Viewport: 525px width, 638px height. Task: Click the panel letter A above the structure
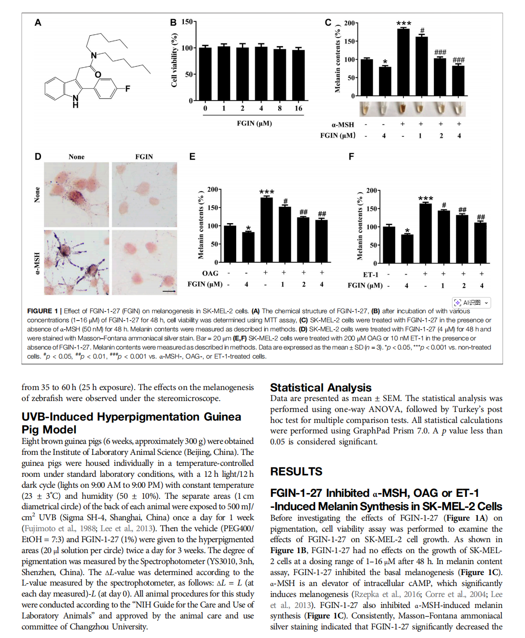point(38,22)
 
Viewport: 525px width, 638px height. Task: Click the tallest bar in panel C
point(403,62)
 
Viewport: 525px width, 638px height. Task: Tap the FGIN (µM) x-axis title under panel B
point(254,123)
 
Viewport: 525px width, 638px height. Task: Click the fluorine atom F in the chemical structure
point(127,88)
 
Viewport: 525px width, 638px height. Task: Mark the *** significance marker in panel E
point(266,192)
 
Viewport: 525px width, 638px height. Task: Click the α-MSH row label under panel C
point(343,124)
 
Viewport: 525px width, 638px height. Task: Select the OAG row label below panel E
point(210,273)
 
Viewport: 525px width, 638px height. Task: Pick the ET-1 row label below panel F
point(370,275)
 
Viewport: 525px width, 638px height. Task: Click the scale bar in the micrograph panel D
point(169,290)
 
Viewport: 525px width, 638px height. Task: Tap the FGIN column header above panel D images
point(144,156)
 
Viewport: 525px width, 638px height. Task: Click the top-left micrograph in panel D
point(76,195)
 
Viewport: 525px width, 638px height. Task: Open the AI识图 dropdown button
point(472,302)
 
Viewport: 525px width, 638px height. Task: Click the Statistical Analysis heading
point(321,388)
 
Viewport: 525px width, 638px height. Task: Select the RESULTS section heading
point(296,472)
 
